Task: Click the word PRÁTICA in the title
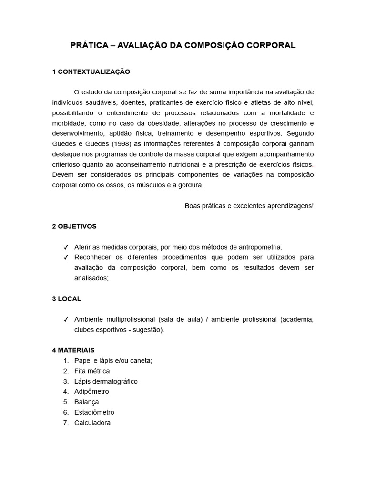pyautogui.click(x=90, y=45)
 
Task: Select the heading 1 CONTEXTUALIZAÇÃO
pyautogui.click(x=91, y=71)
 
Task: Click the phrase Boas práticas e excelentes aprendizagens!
pyautogui.click(x=249, y=206)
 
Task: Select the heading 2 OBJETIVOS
pyautogui.click(x=74, y=226)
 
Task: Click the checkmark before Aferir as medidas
pyautogui.click(x=66, y=247)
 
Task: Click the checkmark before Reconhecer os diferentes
pyautogui.click(x=66, y=258)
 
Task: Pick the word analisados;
pyautogui.click(x=91, y=278)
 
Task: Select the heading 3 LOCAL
pyautogui.click(x=67, y=299)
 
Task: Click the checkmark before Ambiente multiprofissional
pyautogui.click(x=66, y=320)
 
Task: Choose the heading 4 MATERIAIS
pyautogui.click(x=73, y=350)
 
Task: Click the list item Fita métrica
pyautogui.click(x=92, y=371)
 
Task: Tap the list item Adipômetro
pyautogui.click(x=91, y=391)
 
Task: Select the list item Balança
pyautogui.click(x=87, y=402)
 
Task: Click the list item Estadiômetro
pyautogui.click(x=94, y=412)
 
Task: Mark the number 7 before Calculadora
pyautogui.click(x=66, y=423)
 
